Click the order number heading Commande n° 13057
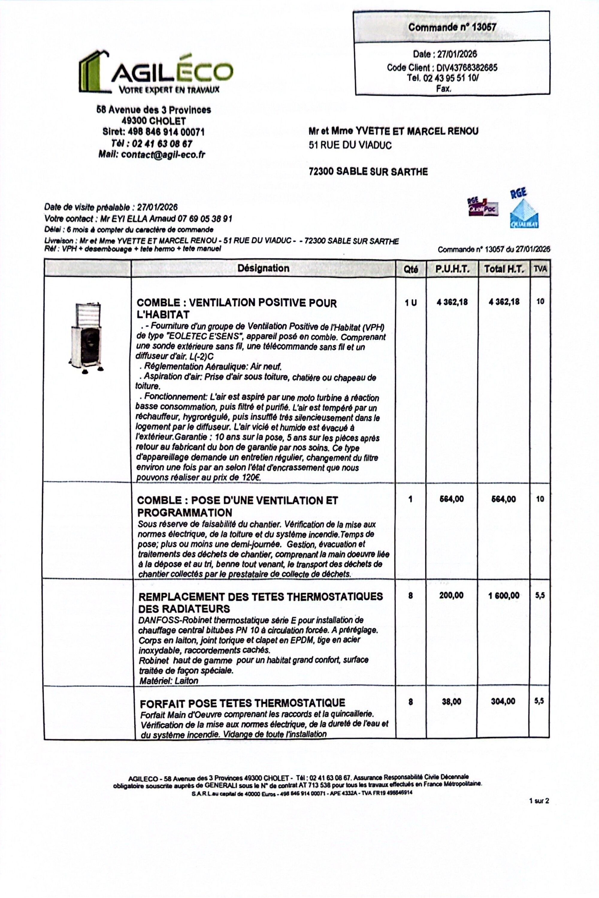coord(452,27)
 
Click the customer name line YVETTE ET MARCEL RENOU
coord(394,132)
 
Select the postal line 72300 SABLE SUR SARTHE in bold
coord(368,172)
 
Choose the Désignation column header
coord(263,268)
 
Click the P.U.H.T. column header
coord(452,269)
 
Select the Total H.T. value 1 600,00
coord(504,595)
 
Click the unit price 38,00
coord(452,701)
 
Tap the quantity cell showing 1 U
coord(411,303)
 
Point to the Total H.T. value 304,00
coord(503,701)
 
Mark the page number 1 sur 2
coord(539,801)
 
